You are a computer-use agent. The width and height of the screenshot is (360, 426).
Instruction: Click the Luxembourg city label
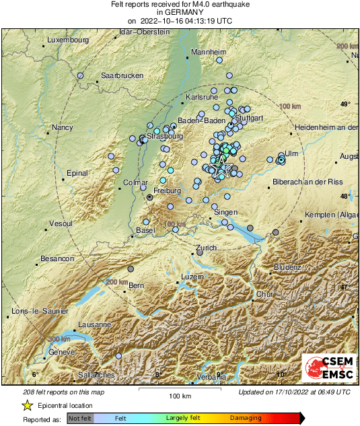pyautogui.click(x=68, y=40)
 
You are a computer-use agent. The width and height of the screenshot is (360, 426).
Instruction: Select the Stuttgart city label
pyautogui.click(x=248, y=118)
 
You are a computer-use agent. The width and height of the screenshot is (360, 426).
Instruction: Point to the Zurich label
pyautogui.click(x=206, y=248)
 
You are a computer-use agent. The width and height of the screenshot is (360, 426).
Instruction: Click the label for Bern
pyautogui.click(x=137, y=286)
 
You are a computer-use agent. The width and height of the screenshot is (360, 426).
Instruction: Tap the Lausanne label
pyautogui.click(x=94, y=324)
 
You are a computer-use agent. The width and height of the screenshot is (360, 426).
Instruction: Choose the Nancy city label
pyautogui.click(x=62, y=127)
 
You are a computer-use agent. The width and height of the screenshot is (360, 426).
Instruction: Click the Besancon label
pyautogui.click(x=57, y=258)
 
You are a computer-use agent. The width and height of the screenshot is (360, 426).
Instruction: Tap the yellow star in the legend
pyautogui.click(x=27, y=406)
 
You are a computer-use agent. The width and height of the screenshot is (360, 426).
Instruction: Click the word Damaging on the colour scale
pyautogui.click(x=246, y=418)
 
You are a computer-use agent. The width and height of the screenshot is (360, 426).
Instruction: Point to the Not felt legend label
pyautogui.click(x=80, y=418)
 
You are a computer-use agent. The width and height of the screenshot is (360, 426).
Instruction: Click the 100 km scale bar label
pyautogui.click(x=180, y=395)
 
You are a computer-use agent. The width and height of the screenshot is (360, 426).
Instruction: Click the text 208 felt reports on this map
pyautogui.click(x=63, y=392)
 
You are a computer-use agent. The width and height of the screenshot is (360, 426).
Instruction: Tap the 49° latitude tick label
pyautogui.click(x=345, y=104)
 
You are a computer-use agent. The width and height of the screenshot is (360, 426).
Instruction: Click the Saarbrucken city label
pyautogui.click(x=122, y=75)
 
